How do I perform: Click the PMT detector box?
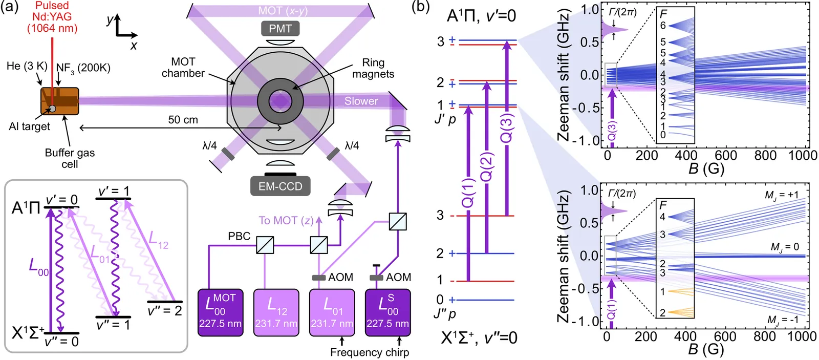point(280,29)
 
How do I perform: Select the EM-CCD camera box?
point(280,186)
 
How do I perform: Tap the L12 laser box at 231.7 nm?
point(276,312)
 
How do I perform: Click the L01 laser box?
point(332,312)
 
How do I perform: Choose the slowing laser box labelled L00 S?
point(387,312)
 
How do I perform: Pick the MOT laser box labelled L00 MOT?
point(220,312)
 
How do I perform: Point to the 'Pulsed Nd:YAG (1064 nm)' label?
point(52,17)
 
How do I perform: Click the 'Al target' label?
point(29,126)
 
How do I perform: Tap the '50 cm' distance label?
point(183,120)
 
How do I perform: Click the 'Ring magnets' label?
point(373,68)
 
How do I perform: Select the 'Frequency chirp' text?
point(370,352)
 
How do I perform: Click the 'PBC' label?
point(239,236)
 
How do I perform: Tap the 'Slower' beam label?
point(361,101)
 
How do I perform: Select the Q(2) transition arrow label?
point(487,166)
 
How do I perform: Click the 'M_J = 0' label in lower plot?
point(785,247)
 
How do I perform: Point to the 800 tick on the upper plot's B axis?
point(765,155)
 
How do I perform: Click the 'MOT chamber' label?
point(183,67)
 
